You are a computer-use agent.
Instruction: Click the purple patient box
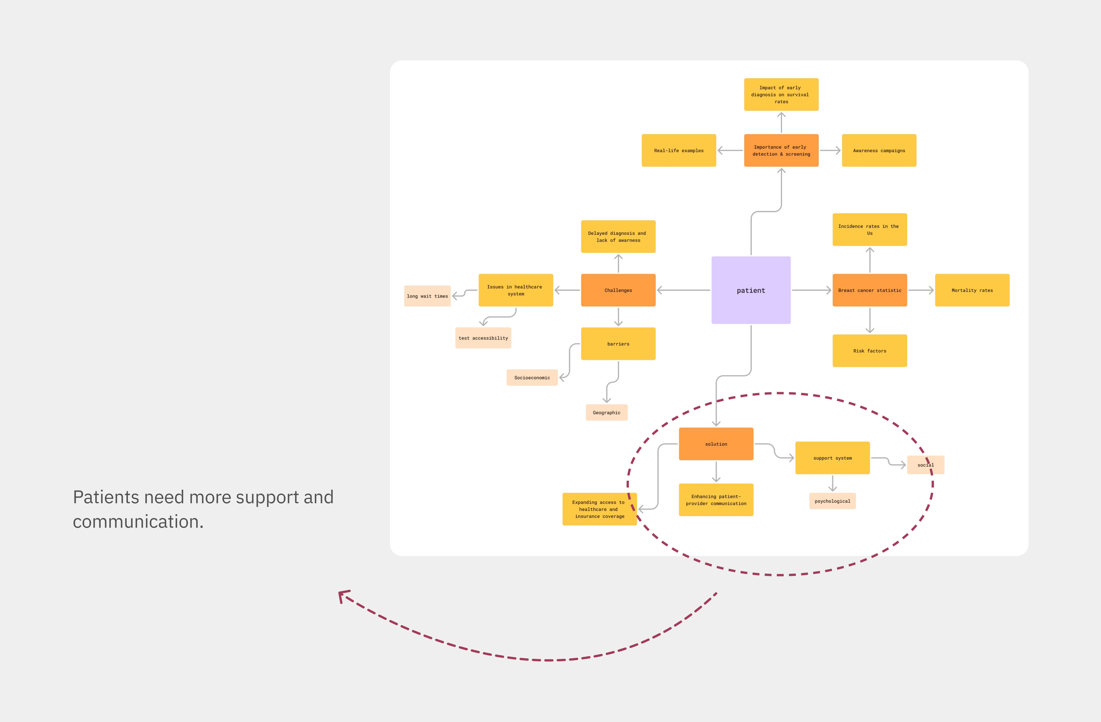click(751, 290)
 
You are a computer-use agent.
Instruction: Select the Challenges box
click(618, 290)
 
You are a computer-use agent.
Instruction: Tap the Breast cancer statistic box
click(870, 290)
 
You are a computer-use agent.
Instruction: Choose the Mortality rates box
click(972, 290)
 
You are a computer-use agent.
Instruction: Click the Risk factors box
click(870, 351)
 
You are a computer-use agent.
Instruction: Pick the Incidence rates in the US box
click(870, 230)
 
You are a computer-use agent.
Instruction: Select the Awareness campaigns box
click(879, 150)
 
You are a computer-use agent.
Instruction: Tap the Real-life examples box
click(679, 150)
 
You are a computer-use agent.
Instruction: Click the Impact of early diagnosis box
click(781, 94)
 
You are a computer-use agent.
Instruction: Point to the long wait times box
click(427, 296)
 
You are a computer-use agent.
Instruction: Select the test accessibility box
click(483, 338)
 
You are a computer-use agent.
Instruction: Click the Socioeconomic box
click(532, 378)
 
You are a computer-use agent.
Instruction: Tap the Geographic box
click(606, 412)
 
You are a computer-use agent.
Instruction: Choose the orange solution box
click(716, 444)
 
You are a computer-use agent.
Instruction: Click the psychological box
click(832, 501)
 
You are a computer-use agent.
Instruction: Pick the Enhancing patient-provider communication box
click(716, 500)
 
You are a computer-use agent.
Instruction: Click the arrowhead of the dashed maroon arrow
click(342, 594)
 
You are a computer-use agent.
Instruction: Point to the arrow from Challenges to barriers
click(618, 317)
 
